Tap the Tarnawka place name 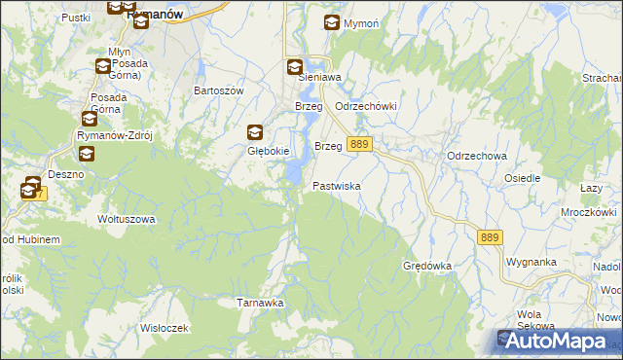coord(260,303)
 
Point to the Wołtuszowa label coord(127,219)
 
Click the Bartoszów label coord(218,90)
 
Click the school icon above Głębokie coord(255,133)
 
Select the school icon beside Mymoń coord(332,23)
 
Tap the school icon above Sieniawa coord(294,67)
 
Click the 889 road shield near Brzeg coord(359,144)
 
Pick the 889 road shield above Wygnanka coord(490,236)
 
